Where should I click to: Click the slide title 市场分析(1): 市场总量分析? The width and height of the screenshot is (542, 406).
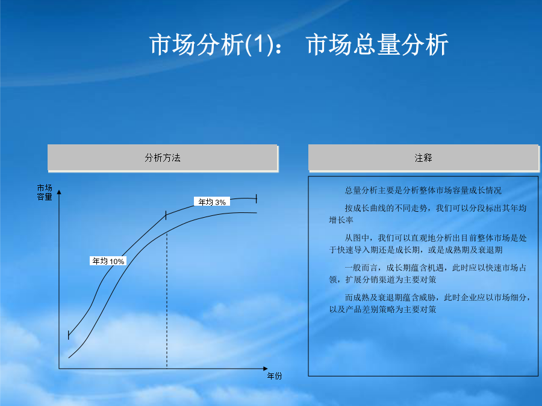[299, 45]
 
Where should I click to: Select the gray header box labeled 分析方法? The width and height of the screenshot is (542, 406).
[163, 158]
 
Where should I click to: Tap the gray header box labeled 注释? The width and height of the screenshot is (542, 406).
[423, 158]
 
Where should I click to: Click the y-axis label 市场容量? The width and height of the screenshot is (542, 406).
[45, 192]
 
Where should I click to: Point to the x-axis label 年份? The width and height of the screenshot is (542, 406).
[275, 376]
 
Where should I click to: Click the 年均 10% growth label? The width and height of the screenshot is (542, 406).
[108, 261]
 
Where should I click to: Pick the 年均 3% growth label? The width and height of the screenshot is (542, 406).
[212, 202]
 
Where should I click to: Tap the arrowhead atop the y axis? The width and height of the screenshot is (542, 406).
[59, 192]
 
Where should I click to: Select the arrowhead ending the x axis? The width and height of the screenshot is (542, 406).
[266, 368]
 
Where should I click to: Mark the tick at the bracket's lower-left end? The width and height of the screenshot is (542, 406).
[69, 335]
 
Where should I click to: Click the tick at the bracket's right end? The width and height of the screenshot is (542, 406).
[256, 198]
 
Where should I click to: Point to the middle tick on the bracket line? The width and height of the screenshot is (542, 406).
[166, 215]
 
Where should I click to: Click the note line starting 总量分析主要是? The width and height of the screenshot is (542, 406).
[423, 190]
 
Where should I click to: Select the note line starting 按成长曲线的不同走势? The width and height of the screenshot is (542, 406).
[435, 208]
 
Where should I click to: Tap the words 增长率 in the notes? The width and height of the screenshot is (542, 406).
[341, 220]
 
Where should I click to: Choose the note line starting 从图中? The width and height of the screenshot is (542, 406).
[435, 238]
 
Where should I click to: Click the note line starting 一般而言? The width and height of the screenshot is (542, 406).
[435, 268]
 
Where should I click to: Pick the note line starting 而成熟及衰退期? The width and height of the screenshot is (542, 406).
[437, 297]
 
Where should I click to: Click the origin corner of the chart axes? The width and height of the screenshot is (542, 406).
[59, 368]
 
